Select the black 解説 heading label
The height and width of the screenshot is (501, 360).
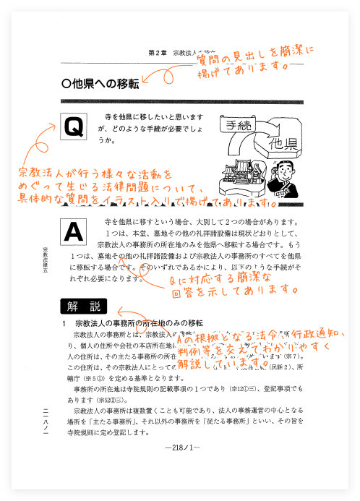tap(83, 306)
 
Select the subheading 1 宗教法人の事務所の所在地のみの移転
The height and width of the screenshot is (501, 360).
tap(134, 322)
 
